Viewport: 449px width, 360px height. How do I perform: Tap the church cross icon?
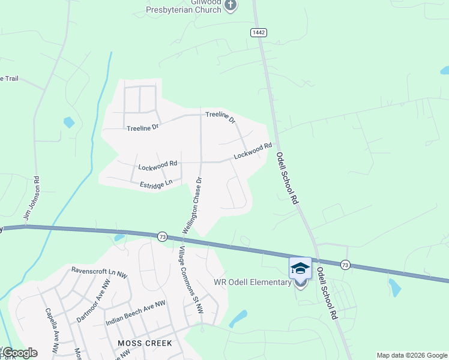(231, 5)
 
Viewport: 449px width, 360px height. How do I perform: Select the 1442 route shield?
(259, 32)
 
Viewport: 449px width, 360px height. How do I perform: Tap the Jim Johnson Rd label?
(31, 197)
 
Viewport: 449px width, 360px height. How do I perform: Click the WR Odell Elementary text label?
(252, 283)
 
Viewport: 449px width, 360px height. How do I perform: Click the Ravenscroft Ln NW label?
(99, 270)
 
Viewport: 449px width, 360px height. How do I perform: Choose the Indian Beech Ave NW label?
(135, 313)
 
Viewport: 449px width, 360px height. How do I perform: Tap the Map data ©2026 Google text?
(412, 355)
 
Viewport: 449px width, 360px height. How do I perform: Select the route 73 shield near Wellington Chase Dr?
(163, 237)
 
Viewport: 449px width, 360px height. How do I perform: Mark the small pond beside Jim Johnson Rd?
(69, 122)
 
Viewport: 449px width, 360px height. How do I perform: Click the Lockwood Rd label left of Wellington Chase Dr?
(158, 163)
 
